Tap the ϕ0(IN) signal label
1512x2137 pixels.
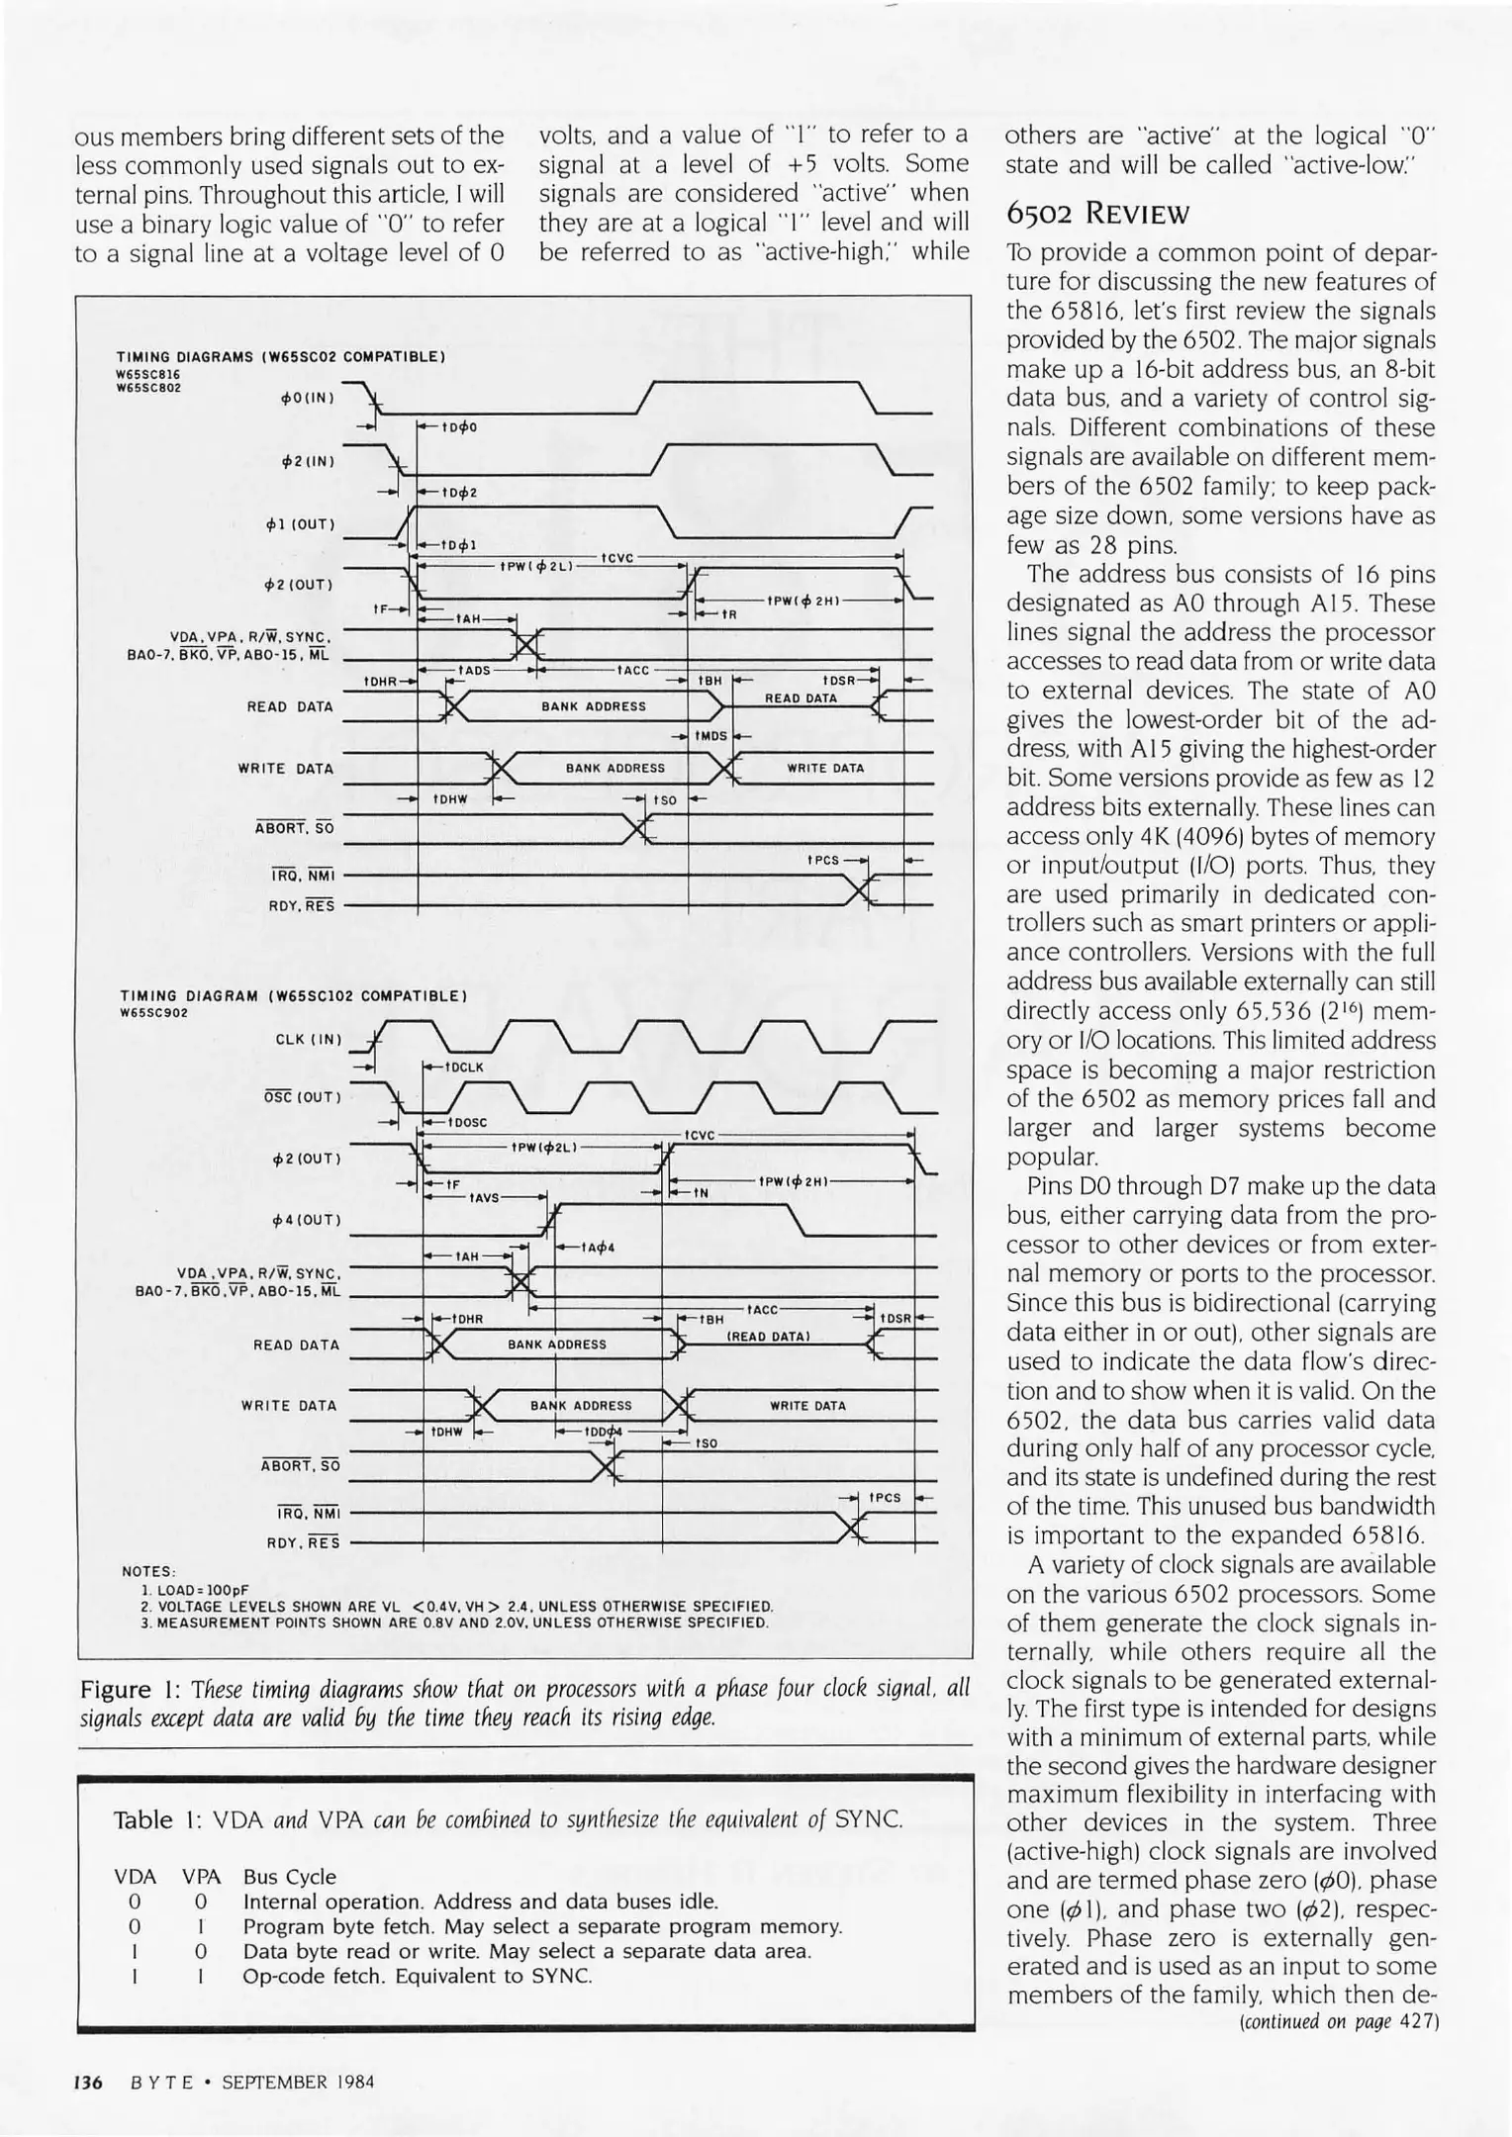point(308,398)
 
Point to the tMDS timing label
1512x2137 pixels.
point(710,736)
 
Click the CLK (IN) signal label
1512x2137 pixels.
point(308,1039)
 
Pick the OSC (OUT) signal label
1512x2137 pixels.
point(302,1097)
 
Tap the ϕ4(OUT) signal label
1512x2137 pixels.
point(304,1220)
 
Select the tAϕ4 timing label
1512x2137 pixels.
point(598,1247)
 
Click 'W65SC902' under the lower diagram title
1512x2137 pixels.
point(153,1012)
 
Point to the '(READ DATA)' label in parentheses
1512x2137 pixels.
point(769,1337)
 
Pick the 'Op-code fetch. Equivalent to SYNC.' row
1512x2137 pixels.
point(417,1976)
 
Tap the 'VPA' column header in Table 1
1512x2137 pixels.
point(201,1877)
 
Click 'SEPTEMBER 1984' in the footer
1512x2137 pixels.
point(298,2082)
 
